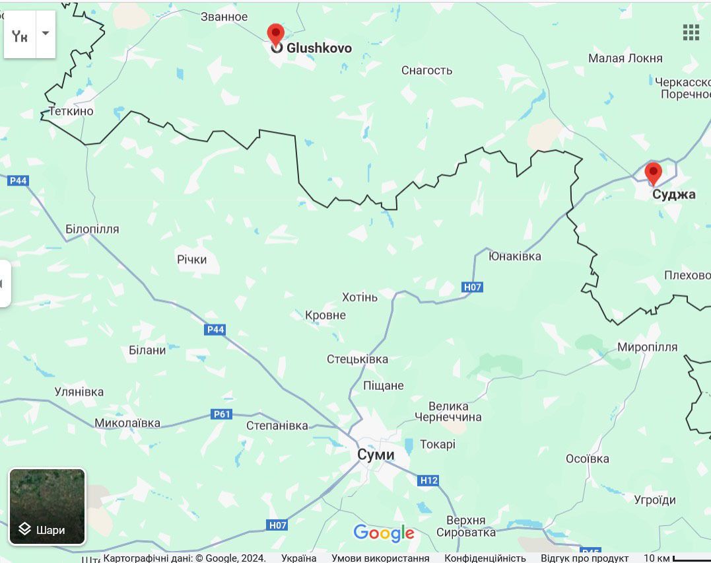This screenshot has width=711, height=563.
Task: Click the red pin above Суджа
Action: click(x=653, y=173)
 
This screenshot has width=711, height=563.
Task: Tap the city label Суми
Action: click(x=376, y=455)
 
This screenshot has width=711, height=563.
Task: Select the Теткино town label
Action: click(x=71, y=111)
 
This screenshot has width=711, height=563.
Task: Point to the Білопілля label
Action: click(x=92, y=229)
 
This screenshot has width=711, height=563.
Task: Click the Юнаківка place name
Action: click(x=514, y=256)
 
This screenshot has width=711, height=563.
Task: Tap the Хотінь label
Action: click(x=360, y=297)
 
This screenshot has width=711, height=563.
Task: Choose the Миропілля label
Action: click(x=647, y=347)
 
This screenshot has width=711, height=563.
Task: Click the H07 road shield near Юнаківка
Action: click(x=472, y=287)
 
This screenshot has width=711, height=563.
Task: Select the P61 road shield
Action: click(x=222, y=414)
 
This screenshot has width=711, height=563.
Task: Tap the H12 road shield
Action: click(x=428, y=480)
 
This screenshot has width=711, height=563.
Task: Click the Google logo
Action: click(x=384, y=533)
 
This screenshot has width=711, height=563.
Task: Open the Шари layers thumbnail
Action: click(x=47, y=506)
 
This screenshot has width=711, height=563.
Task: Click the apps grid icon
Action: click(x=691, y=32)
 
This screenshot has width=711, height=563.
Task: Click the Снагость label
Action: click(x=426, y=70)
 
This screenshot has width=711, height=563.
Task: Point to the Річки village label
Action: click(x=191, y=260)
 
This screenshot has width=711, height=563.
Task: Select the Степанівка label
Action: click(x=277, y=426)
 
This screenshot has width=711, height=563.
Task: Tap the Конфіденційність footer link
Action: click(x=485, y=558)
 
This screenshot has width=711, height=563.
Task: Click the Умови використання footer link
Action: click(x=380, y=558)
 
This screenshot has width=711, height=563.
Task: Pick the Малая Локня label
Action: click(x=625, y=58)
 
